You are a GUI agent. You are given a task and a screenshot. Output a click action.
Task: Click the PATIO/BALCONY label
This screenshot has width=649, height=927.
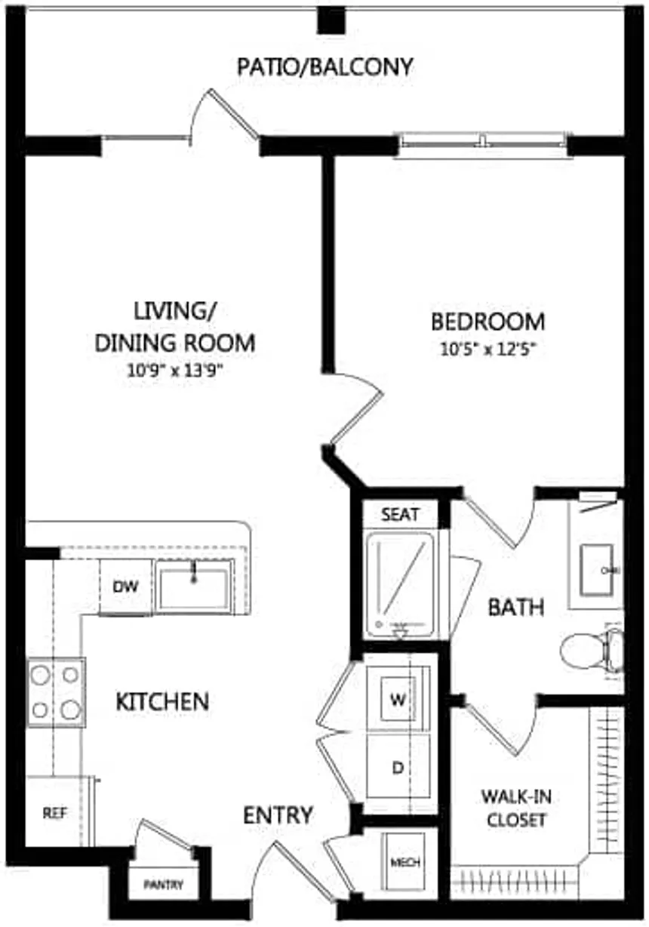tap(325, 66)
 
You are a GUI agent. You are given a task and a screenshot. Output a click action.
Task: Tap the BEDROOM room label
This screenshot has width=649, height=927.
tap(488, 322)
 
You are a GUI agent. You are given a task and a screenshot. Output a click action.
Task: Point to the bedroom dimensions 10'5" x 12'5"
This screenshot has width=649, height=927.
tap(488, 350)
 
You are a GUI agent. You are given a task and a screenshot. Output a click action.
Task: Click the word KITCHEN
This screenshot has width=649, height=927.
tap(162, 701)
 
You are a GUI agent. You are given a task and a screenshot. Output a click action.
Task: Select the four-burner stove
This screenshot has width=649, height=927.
tap(56, 691)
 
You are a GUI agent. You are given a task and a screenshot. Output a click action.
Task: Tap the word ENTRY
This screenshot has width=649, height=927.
tap(278, 815)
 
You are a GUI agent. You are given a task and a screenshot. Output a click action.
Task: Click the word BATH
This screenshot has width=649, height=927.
tap(515, 607)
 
